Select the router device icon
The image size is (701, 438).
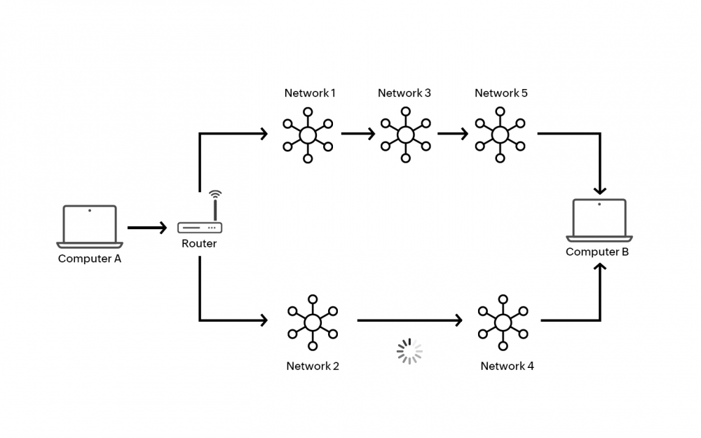(200, 228)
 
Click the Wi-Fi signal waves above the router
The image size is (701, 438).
(215, 194)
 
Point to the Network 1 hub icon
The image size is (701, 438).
(308, 135)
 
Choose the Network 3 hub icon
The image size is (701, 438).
(405, 135)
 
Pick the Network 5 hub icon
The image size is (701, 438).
(501, 135)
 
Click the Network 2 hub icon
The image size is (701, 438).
(313, 322)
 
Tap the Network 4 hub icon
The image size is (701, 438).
(503, 322)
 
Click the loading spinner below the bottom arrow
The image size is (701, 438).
(409, 351)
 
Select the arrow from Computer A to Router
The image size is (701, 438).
(147, 228)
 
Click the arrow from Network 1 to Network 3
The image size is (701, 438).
(358, 133)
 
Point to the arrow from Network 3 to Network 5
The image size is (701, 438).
(453, 133)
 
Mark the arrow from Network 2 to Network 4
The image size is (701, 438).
(409, 320)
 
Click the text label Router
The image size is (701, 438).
(199, 244)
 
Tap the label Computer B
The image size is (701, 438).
(597, 252)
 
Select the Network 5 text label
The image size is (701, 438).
(501, 93)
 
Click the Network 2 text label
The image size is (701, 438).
(313, 366)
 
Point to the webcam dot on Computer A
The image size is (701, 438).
(90, 210)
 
